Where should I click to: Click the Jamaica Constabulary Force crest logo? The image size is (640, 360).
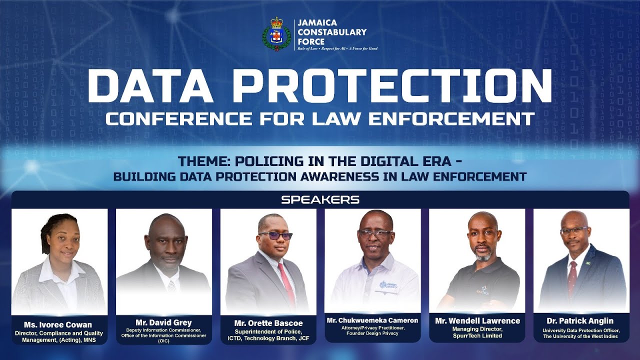(x=276, y=34)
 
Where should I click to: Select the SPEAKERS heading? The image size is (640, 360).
(x=320, y=199)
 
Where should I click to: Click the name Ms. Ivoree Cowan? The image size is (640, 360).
(x=58, y=324)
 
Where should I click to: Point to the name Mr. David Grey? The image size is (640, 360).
(x=163, y=322)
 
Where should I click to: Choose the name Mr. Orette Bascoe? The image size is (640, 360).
(x=268, y=323)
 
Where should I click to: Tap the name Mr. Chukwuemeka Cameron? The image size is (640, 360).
(x=372, y=320)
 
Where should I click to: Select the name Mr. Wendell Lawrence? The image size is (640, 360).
(x=477, y=321)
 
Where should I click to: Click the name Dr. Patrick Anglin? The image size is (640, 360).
(x=580, y=321)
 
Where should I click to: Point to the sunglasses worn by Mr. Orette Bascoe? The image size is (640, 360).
(x=275, y=235)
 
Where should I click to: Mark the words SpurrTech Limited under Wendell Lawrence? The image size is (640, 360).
(x=477, y=335)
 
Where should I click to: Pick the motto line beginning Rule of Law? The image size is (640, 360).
(x=337, y=48)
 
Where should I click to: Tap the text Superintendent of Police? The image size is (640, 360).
(x=268, y=331)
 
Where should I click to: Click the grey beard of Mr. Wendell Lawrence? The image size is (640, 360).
(x=483, y=255)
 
